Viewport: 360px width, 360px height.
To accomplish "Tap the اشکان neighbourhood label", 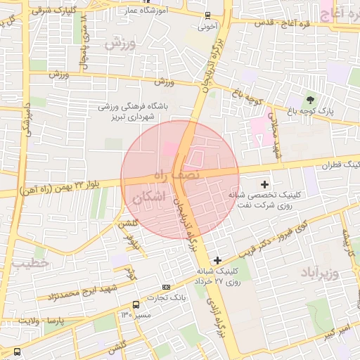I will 150,198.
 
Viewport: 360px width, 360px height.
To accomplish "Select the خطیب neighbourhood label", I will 31,263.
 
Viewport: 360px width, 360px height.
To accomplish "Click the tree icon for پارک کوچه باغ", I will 310,99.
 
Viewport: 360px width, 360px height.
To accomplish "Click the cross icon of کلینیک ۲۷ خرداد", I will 217,260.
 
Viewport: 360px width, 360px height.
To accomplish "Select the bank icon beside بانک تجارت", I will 166,287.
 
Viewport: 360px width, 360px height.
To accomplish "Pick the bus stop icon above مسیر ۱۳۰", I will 136,304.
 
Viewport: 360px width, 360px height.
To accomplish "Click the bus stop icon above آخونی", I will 207,15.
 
